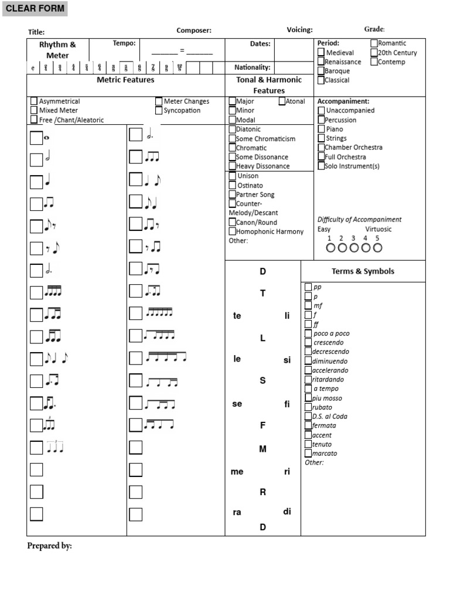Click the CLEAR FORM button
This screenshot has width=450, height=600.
pos(35,9)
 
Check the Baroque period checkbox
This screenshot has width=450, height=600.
pos(321,71)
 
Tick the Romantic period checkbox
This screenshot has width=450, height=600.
pos(374,43)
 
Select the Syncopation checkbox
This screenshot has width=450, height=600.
pos(159,110)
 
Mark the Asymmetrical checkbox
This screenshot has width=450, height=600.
pos(34,101)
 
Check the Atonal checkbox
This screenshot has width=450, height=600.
pos(282,101)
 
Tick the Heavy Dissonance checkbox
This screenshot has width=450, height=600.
pos(232,166)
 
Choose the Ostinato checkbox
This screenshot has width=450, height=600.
pos(232,185)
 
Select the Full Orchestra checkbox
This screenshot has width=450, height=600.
pos(321,156)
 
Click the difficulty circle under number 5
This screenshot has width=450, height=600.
pos(377,248)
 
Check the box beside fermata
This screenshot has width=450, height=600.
pos(308,425)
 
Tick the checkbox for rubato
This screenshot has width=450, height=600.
pos(308,407)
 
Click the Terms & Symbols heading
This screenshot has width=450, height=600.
pos(363,271)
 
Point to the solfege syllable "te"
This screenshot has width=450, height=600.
pos(237,316)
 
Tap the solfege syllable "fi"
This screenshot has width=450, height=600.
pos(287,404)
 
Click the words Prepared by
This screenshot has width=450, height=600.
pos(49,546)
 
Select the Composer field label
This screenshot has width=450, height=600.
pos(194,30)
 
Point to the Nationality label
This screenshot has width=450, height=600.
pos(253,67)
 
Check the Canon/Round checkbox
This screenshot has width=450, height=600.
pos(232,222)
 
